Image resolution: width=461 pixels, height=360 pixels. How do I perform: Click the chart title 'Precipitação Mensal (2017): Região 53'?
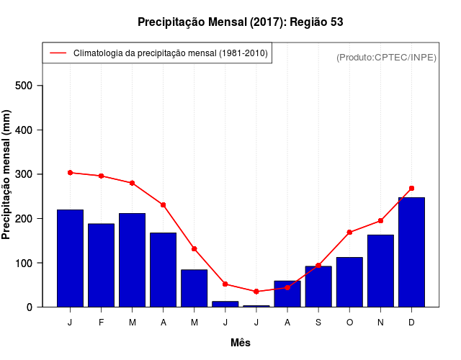point(240,22)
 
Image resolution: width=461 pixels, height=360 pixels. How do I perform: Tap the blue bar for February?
point(101,265)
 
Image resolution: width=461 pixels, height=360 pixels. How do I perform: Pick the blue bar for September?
point(318,287)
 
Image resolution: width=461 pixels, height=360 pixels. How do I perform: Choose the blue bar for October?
point(349,282)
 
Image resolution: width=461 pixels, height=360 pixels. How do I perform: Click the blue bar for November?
point(380,271)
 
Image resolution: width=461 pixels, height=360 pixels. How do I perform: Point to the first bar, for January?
point(70,258)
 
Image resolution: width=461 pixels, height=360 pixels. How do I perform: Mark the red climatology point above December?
point(411,189)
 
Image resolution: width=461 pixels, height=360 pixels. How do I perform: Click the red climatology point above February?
point(101,176)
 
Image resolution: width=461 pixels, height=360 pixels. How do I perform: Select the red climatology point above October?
point(349,233)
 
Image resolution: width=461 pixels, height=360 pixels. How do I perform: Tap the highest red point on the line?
point(70,173)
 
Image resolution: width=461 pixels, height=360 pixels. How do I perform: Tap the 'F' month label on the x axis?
point(101,323)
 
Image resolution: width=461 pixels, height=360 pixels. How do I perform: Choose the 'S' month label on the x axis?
point(318,323)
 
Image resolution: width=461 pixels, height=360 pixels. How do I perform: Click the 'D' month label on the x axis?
point(411,323)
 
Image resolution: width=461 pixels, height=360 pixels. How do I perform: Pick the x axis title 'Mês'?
point(241,343)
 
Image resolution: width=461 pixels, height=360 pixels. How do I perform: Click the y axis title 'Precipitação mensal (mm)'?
point(7,175)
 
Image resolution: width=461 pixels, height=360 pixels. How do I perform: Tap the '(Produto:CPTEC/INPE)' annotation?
point(386,57)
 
